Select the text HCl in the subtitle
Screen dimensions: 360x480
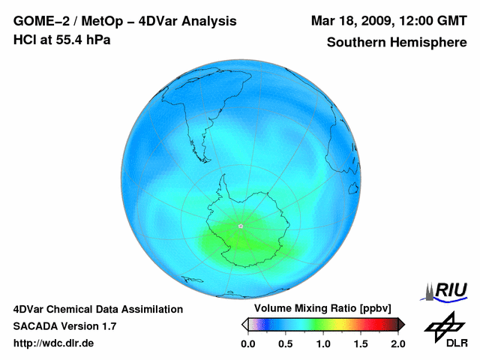[x=24, y=39]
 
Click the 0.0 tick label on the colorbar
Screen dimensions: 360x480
[x=247, y=343]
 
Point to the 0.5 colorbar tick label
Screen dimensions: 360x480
[x=285, y=343]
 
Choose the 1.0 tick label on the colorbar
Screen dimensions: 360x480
[x=322, y=343]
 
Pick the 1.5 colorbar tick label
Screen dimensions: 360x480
[x=360, y=343]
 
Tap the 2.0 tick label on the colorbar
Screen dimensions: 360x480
[x=397, y=343]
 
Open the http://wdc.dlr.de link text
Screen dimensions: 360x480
[x=54, y=343]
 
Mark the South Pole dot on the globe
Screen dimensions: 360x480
[x=240, y=225]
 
